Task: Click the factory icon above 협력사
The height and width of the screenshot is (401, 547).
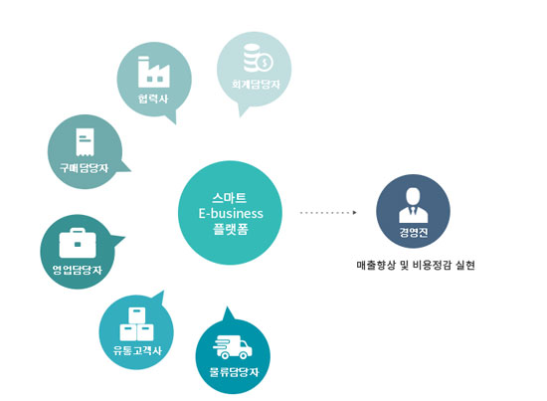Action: point(154,72)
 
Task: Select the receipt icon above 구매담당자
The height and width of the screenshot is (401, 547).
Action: point(86,141)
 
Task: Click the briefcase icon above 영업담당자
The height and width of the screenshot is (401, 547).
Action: point(78,243)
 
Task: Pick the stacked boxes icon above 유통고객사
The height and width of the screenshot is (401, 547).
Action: point(137,324)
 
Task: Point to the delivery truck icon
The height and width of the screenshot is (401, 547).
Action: point(233,347)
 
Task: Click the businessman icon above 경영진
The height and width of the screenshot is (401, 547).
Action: point(414,205)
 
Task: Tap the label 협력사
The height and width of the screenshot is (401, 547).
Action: point(153,99)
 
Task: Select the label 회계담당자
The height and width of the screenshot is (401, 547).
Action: point(256,85)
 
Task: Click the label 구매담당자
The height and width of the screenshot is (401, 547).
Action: point(85,168)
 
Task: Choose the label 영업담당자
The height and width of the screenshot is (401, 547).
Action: point(78,270)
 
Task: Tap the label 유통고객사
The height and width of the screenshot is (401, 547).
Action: point(137,350)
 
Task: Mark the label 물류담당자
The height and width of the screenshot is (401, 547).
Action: point(234,372)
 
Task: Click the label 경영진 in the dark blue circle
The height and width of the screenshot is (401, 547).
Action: point(414,233)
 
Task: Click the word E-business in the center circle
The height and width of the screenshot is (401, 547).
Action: point(231,213)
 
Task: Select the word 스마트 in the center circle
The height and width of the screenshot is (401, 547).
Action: point(230,198)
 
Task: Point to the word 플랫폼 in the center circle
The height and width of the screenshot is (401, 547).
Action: point(231,229)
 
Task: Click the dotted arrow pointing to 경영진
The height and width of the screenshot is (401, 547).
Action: point(328,212)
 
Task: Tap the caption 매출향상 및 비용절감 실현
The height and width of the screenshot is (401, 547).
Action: point(416,266)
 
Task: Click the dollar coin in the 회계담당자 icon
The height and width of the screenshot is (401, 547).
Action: point(266,63)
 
